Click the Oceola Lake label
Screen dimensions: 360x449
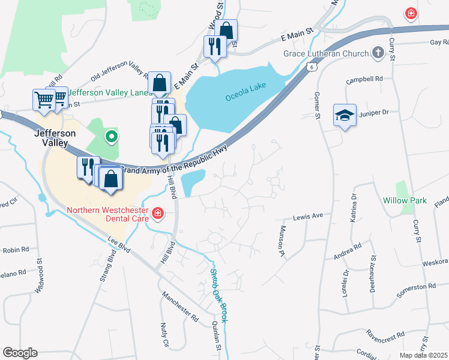coord(245,97)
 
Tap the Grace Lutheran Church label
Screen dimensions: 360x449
coord(327,54)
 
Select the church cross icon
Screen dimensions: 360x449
coord(378,53)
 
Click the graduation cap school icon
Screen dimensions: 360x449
coord(345,115)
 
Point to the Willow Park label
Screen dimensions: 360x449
coord(405,200)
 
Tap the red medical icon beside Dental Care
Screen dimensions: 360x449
coord(158,213)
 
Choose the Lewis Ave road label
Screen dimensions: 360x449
coord(308,215)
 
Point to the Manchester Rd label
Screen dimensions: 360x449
coord(180,307)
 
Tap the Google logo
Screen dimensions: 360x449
coord(20,353)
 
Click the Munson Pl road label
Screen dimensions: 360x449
coord(280,238)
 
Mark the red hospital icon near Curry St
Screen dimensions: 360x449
coord(411,13)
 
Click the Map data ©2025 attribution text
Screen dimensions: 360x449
coord(424,355)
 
